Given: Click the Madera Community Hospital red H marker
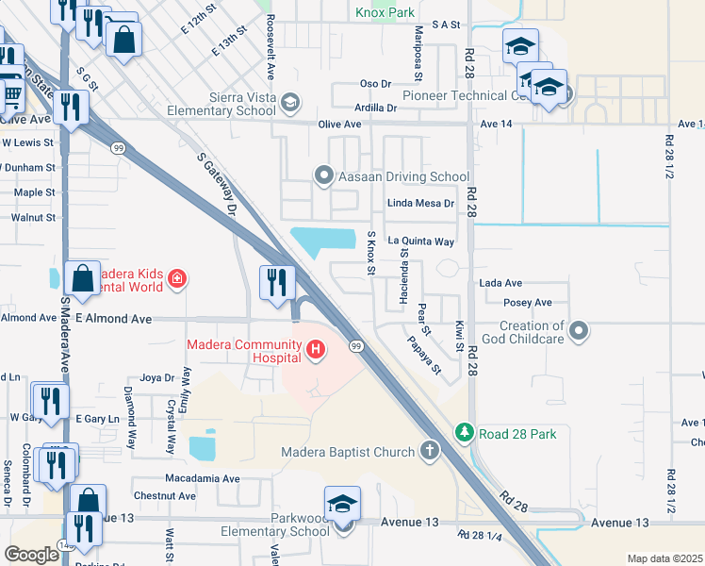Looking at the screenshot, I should click(x=316, y=352).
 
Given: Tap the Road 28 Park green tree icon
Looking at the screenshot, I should click(x=464, y=433).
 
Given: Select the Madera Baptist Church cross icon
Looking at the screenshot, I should click(x=431, y=451).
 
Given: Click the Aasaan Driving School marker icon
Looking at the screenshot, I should click(x=324, y=175).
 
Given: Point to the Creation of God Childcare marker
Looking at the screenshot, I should click(x=581, y=331).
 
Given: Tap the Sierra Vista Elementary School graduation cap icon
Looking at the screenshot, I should click(x=290, y=102).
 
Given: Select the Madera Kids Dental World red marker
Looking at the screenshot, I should click(x=176, y=278).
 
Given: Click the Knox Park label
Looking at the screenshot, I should click(x=385, y=13).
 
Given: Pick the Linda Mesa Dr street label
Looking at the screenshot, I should click(x=421, y=203).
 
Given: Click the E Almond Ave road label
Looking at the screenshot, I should click(x=113, y=319).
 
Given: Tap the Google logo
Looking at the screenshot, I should click(x=32, y=554).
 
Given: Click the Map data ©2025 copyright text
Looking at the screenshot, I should click(x=664, y=558).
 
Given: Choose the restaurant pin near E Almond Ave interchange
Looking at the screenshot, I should click(x=278, y=283).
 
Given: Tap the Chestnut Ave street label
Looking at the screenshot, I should click(x=164, y=495).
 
